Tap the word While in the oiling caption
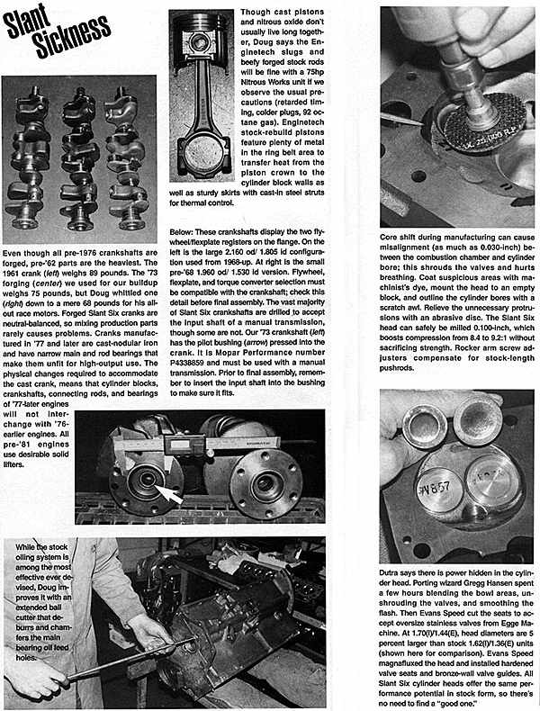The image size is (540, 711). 32,546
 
